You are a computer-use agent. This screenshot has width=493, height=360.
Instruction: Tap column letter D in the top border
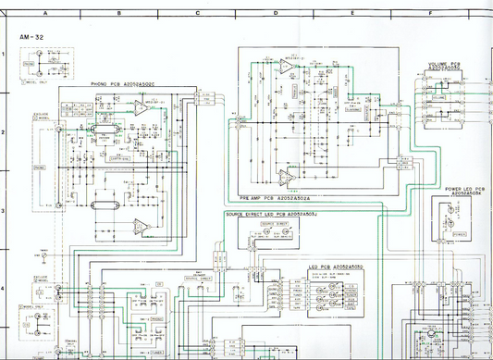pyautogui.click(x=275, y=14)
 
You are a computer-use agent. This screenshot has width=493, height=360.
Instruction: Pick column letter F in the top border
pyautogui.click(x=430, y=14)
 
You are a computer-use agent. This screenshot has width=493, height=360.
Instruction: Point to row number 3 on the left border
pyautogui.click(x=5, y=212)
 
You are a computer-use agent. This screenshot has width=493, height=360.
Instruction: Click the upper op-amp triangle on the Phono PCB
pyautogui.click(x=137, y=108)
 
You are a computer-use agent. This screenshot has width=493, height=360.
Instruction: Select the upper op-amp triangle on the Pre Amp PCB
pyautogui.click(x=288, y=68)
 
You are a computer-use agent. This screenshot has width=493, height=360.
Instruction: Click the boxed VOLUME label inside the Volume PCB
pyautogui.click(x=438, y=96)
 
